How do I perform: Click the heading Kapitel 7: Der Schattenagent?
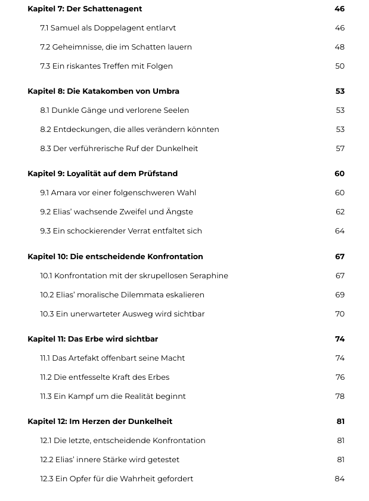tap(85, 9)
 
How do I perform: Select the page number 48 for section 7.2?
tap(339, 47)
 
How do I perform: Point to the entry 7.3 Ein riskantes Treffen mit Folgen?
tap(106, 66)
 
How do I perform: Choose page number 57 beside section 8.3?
tap(340, 149)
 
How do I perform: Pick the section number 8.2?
tap(45, 130)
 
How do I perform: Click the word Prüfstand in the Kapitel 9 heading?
tap(157, 174)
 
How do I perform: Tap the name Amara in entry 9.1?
tap(64, 193)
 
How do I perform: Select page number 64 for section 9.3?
tap(340, 231)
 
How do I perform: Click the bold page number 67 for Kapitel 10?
tap(340, 257)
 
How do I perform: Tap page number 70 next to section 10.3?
tap(340, 314)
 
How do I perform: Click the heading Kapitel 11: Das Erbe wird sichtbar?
tap(92, 339)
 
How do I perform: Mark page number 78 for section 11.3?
tap(340, 397)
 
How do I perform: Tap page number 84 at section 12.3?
tap(340, 479)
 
